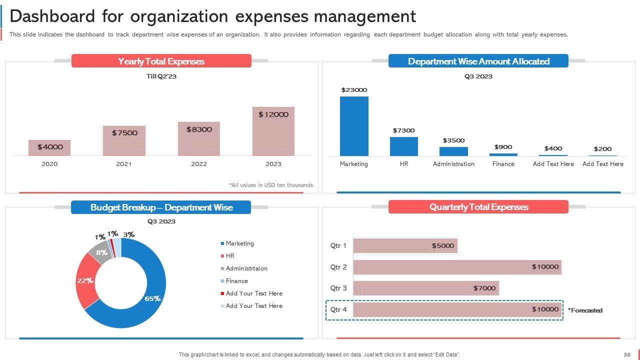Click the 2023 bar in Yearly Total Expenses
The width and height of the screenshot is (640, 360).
tap(273, 131)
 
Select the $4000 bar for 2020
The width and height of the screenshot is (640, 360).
tap(49, 147)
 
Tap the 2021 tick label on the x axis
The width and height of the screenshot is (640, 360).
tap(123, 164)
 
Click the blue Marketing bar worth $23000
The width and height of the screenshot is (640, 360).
tap(354, 126)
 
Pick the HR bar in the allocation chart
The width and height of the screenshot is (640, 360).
tap(403, 146)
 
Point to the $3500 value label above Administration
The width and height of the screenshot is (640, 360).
tap(453, 140)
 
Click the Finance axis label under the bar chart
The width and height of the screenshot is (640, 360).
tap(503, 164)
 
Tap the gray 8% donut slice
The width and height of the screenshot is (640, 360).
tap(100, 253)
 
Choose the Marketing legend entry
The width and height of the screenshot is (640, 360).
tap(239, 243)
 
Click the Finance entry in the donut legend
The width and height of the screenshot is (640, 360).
tap(236, 281)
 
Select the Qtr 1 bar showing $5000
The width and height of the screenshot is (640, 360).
tap(405, 245)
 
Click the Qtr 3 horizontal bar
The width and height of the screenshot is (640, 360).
tap(425, 288)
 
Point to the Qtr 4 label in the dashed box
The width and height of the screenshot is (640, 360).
tap(338, 310)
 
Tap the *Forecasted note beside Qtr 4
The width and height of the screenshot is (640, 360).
tap(585, 310)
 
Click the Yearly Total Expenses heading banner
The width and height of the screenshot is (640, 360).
tap(161, 61)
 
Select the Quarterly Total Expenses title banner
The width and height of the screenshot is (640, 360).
tap(478, 207)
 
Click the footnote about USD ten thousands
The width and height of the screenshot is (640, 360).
tap(271, 185)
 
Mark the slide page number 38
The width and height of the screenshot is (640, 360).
tap(626, 354)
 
